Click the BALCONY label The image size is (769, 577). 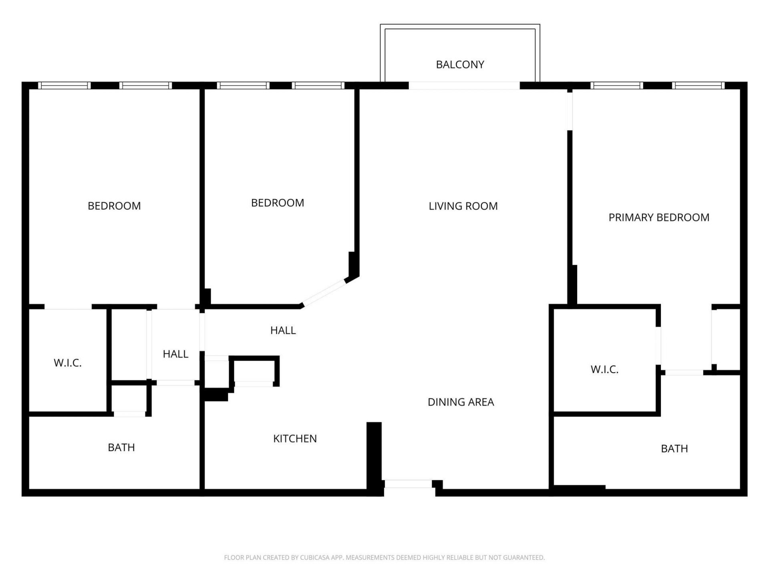[x=460, y=65]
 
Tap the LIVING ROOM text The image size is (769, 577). [x=463, y=206]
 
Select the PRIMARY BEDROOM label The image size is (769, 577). [x=659, y=217]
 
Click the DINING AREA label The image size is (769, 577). [x=461, y=402]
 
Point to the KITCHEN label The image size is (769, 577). [x=295, y=438]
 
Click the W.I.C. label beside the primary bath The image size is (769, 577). [x=604, y=369]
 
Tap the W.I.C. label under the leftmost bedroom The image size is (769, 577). [x=68, y=363]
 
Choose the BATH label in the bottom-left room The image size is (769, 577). [x=121, y=447]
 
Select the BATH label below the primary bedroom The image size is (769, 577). [x=674, y=448]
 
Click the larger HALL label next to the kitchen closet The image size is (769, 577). [x=283, y=330]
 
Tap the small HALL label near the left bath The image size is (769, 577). [x=175, y=354]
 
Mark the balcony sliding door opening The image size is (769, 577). [x=464, y=85]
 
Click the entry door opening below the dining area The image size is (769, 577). [x=408, y=484]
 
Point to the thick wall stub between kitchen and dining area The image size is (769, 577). [x=374, y=457]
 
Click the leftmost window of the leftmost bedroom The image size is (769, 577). [x=64, y=85]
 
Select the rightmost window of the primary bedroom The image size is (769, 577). [x=698, y=85]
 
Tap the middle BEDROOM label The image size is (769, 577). [x=278, y=203]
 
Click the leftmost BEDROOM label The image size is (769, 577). [x=114, y=206]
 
